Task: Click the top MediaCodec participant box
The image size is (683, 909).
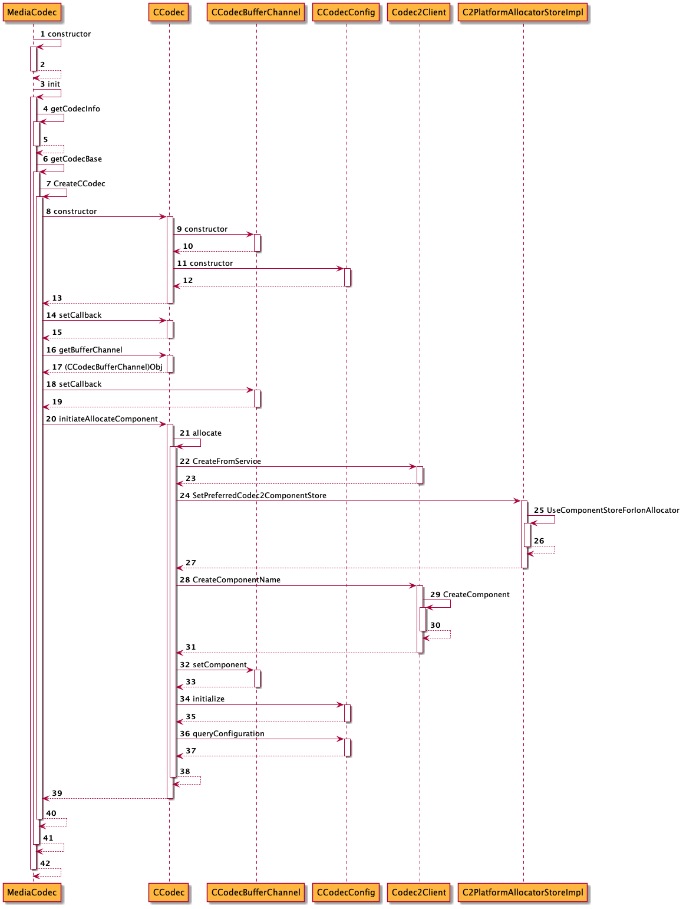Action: (x=32, y=12)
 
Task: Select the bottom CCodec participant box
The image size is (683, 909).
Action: (x=169, y=892)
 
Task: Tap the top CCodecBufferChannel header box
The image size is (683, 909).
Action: (x=256, y=12)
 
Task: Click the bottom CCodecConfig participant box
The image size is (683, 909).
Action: (x=346, y=892)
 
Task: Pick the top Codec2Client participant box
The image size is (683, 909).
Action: (x=419, y=12)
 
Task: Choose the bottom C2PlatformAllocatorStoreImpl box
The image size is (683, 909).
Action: (x=523, y=892)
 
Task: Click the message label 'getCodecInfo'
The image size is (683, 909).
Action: (x=75, y=109)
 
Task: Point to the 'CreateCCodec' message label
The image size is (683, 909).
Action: (x=79, y=184)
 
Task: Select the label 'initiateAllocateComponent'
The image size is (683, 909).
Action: (x=108, y=419)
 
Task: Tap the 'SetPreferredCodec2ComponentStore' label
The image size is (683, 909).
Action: (x=259, y=496)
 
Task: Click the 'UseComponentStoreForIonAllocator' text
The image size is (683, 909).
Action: (x=613, y=511)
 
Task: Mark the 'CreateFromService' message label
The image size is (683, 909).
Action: (x=226, y=462)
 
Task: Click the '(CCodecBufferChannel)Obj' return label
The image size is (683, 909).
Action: (x=113, y=367)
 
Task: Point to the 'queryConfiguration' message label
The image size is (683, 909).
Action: (x=228, y=734)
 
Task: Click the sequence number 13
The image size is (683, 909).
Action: (x=57, y=298)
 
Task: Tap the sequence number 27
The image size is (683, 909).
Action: (x=191, y=563)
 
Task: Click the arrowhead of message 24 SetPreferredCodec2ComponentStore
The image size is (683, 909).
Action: (x=517, y=501)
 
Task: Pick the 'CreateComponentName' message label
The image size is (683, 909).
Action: (x=236, y=580)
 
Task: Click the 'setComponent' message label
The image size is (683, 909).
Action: (x=219, y=665)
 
